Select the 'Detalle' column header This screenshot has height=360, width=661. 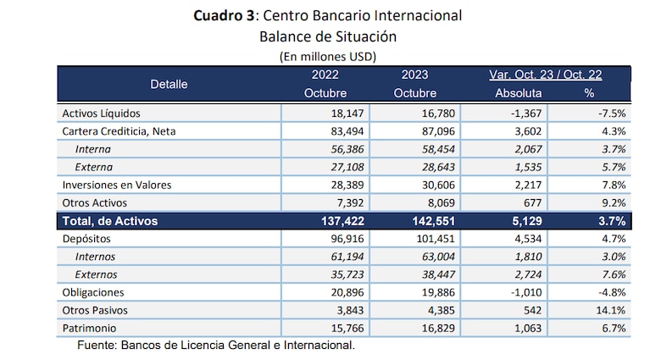pos(169,84)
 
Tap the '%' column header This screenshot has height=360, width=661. pos(588,93)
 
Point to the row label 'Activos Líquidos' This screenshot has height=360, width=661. pos(101,113)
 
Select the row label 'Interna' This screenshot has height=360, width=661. pos(94,149)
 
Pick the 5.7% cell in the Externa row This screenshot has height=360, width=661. pos(613,167)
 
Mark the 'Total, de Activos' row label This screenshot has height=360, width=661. pos(110,221)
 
